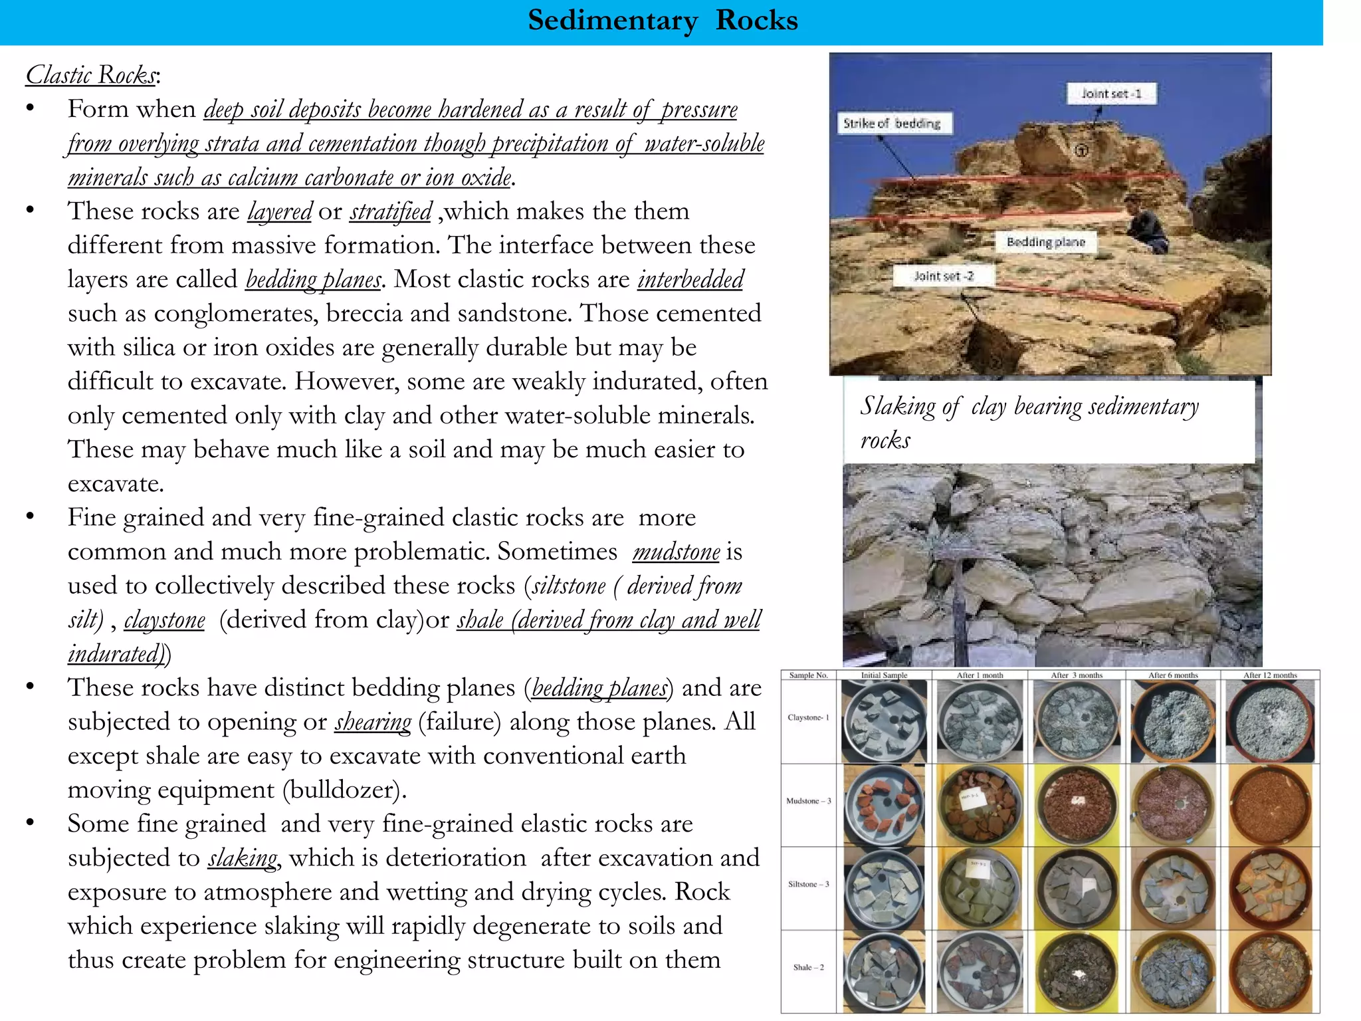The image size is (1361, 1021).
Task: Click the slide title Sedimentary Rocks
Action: click(662, 21)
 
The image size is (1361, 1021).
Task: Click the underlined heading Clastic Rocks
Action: click(92, 74)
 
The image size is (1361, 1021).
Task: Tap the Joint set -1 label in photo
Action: click(1111, 94)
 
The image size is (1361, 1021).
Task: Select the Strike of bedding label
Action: click(892, 124)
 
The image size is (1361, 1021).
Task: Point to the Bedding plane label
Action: click(1045, 242)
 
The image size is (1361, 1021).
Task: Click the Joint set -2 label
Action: click(943, 276)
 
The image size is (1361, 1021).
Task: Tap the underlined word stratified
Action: click(391, 211)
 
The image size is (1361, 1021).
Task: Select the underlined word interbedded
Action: click(690, 279)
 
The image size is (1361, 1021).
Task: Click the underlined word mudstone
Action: click(676, 552)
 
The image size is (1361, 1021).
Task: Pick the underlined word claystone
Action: click(164, 620)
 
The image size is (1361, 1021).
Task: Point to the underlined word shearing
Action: click(373, 722)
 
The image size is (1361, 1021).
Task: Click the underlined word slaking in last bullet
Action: click(243, 858)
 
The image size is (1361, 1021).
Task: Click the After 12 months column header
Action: click(1269, 675)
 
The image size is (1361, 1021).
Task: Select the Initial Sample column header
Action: click(884, 675)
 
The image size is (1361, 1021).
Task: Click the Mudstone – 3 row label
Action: click(808, 801)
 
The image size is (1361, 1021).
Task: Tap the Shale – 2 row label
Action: click(808, 967)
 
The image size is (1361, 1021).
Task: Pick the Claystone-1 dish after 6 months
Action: click(1173, 721)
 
